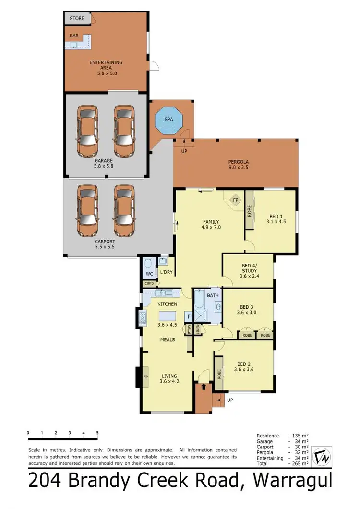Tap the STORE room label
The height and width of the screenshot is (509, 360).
(x=77, y=18)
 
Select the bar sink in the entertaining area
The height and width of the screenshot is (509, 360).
(x=74, y=46)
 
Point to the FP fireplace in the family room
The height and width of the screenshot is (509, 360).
(x=235, y=200)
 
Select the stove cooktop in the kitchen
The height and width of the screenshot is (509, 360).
(x=143, y=317)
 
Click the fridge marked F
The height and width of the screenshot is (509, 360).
(x=189, y=317)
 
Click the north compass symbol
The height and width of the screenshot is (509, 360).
(x=322, y=457)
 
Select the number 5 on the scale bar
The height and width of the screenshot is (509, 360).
(x=98, y=433)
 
